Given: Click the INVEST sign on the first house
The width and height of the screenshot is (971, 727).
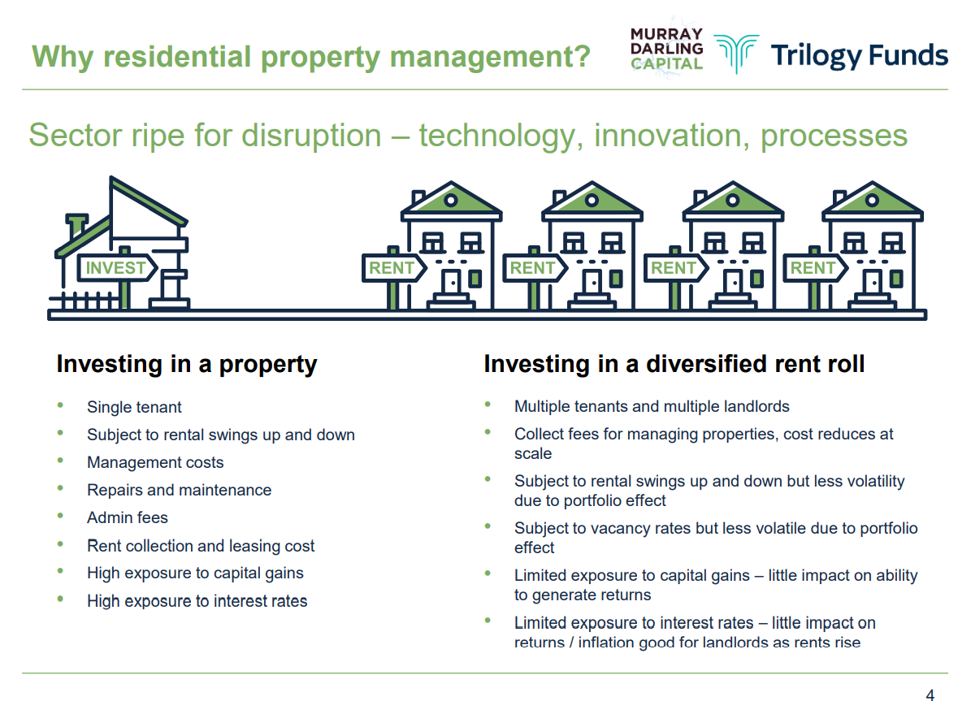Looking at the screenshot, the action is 116,268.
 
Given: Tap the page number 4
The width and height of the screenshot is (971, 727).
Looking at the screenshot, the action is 930,695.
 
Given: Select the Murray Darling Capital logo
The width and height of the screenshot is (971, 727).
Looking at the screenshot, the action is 667,48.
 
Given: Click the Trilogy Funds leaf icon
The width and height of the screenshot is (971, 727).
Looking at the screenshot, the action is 736,54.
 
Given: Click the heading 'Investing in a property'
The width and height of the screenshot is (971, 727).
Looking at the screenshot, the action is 186,364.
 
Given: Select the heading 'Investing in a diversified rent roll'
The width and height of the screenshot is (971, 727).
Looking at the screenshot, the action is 674,364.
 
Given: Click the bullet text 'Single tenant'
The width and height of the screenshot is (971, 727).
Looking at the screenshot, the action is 134,407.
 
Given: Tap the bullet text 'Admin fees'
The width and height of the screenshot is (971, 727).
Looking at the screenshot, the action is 128,517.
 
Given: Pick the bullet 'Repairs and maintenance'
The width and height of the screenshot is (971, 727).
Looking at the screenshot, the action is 179,490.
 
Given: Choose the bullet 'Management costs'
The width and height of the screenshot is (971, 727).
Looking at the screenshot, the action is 155,462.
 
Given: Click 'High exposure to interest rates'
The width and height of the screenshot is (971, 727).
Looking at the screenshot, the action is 197,600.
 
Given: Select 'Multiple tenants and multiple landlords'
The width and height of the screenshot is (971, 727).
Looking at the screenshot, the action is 652,406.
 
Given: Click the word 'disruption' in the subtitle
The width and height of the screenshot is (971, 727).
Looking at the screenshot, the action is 311,136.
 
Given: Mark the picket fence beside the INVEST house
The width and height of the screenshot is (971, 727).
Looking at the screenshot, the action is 85,301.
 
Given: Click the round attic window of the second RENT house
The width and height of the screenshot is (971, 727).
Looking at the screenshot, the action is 592,200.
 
